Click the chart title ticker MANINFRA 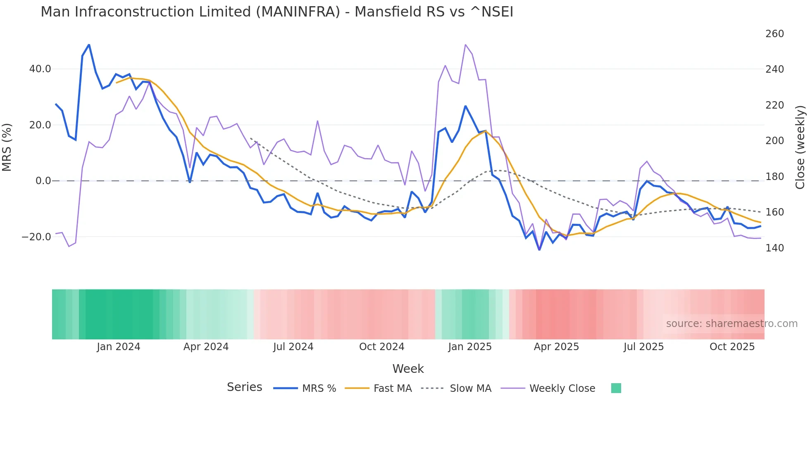click(x=298, y=12)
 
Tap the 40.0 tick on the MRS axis click(x=40, y=69)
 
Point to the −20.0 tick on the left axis click(x=36, y=237)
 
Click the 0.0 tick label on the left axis click(x=43, y=181)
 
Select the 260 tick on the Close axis click(x=774, y=34)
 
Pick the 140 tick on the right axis click(x=774, y=248)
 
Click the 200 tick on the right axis click(x=774, y=141)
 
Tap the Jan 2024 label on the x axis click(x=119, y=347)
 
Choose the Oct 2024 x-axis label click(x=381, y=347)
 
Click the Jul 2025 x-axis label click(x=643, y=347)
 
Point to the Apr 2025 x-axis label click(x=556, y=347)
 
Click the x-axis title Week click(x=408, y=369)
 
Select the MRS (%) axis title click(x=7, y=147)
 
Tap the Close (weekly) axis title click(x=800, y=147)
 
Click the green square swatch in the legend click(x=616, y=388)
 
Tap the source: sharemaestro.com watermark click(x=731, y=324)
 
